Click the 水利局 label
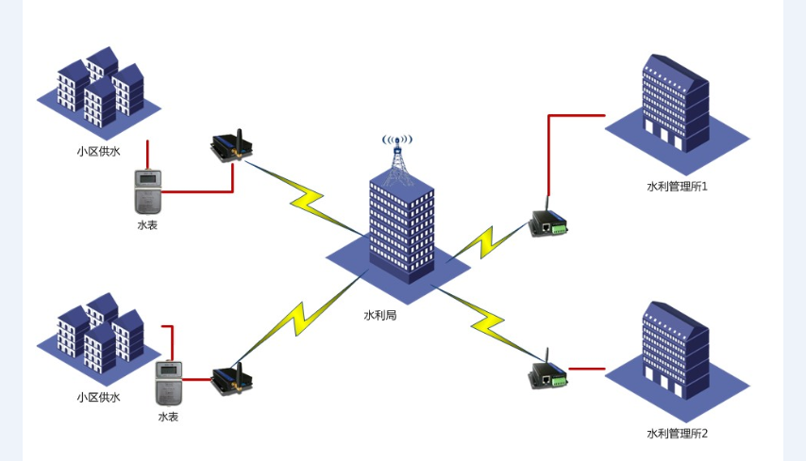[x=379, y=315]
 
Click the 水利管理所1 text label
[x=677, y=187]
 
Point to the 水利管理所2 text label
[x=677, y=433]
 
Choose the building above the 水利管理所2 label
[x=676, y=352]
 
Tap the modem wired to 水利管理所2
[x=548, y=373]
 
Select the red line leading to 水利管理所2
[x=586, y=368]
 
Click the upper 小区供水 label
[x=98, y=150]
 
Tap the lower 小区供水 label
[x=98, y=397]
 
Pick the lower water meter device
[x=168, y=384]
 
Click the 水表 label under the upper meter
[x=147, y=225]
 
